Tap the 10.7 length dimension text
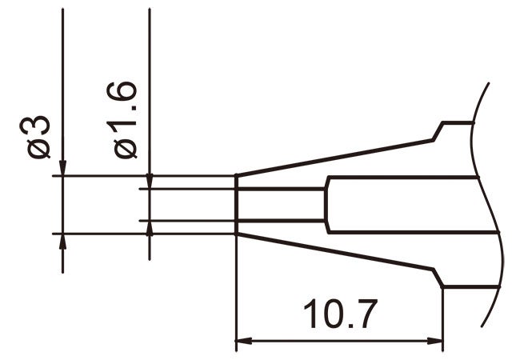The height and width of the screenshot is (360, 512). tap(338, 316)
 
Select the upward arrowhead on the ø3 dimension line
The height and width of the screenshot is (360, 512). tap(62, 242)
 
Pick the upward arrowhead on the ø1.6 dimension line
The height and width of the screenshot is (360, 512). tap(150, 228)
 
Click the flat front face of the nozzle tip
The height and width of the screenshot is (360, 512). tap(235, 204)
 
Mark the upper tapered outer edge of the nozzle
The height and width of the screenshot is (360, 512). tap(336, 157)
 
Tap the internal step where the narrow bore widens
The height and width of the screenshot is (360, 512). tap(325, 204)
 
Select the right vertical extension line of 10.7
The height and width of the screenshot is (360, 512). tap(442, 320)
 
